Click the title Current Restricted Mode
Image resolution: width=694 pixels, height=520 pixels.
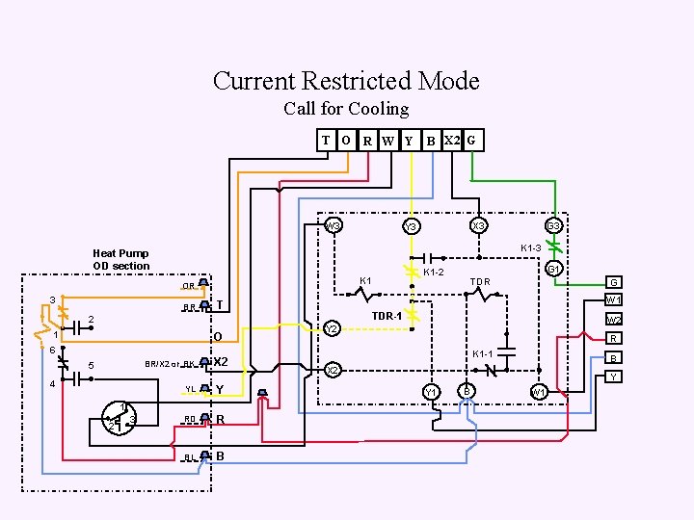[x=346, y=81]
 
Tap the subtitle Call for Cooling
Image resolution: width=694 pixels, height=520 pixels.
[x=346, y=109]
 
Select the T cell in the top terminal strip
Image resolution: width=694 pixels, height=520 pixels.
[x=326, y=141]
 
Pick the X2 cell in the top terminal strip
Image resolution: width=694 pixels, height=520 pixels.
[x=452, y=141]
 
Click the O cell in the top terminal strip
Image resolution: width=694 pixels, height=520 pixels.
[x=345, y=141]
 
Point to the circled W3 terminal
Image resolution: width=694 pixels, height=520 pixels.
[x=334, y=226]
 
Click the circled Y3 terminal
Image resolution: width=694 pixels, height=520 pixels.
[x=411, y=226]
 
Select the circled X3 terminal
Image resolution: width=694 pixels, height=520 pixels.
[x=478, y=225]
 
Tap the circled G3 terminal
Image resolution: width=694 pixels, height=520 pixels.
[x=554, y=226]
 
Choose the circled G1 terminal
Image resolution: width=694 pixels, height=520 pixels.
[x=554, y=269]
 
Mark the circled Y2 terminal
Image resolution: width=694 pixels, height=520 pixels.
[x=332, y=328]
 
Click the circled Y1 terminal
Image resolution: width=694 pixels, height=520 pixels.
[x=432, y=391]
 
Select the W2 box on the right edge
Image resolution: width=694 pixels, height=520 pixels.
[x=613, y=320]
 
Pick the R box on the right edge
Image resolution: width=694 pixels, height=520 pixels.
[x=613, y=339]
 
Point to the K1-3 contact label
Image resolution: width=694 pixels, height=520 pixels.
[x=530, y=248]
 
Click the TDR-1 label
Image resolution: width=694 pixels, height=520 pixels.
[x=387, y=316]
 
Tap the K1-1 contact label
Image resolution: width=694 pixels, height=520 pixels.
[x=483, y=353]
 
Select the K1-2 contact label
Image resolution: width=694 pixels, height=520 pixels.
[x=435, y=273]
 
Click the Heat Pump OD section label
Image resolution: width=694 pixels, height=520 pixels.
[x=121, y=260]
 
